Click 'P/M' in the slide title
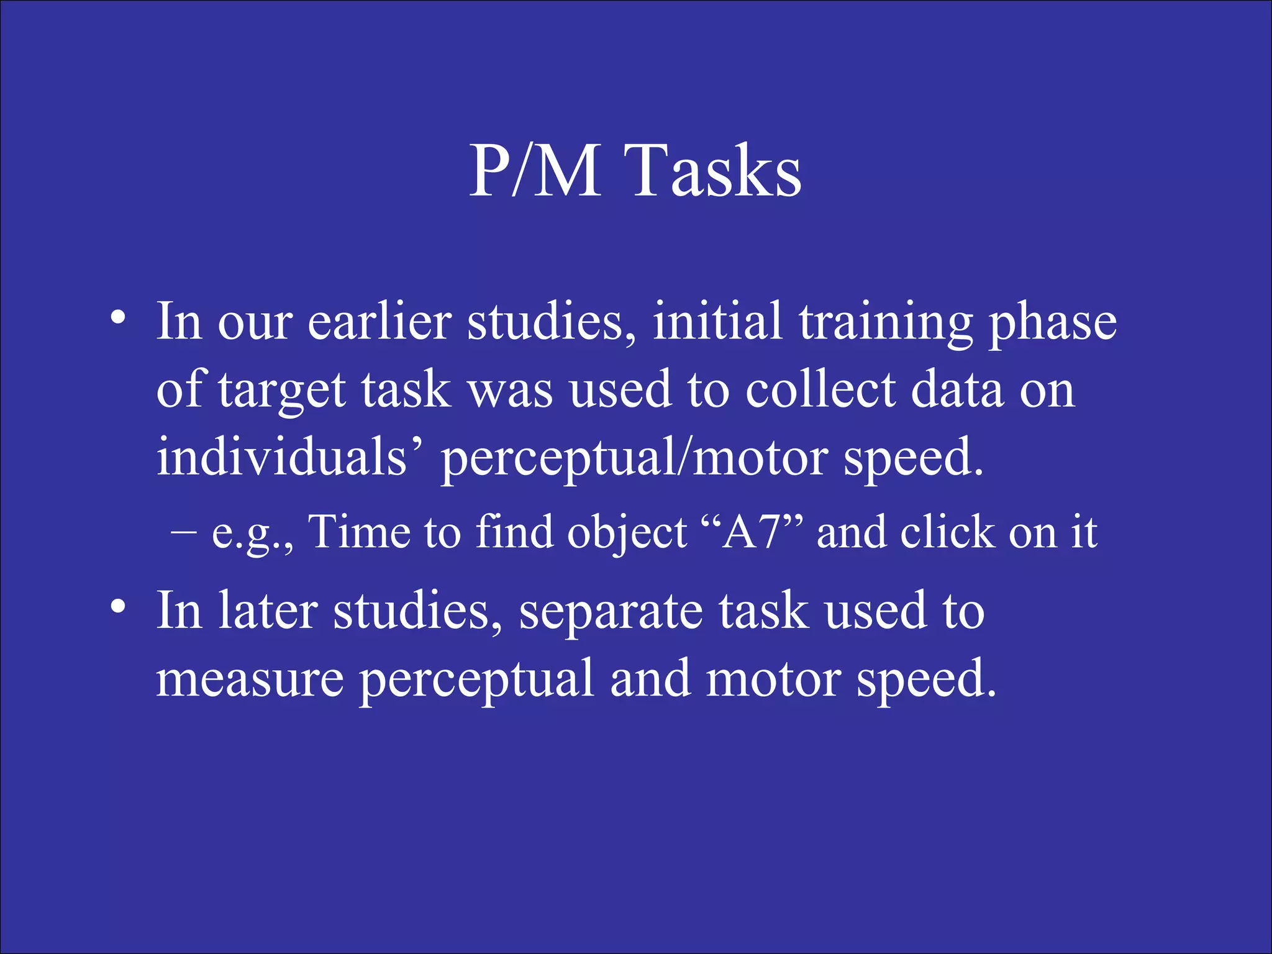click(x=534, y=170)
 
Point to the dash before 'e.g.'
click(x=183, y=532)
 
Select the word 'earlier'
click(x=379, y=322)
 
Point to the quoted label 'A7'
click(x=751, y=532)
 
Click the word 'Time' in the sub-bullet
click(x=360, y=532)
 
